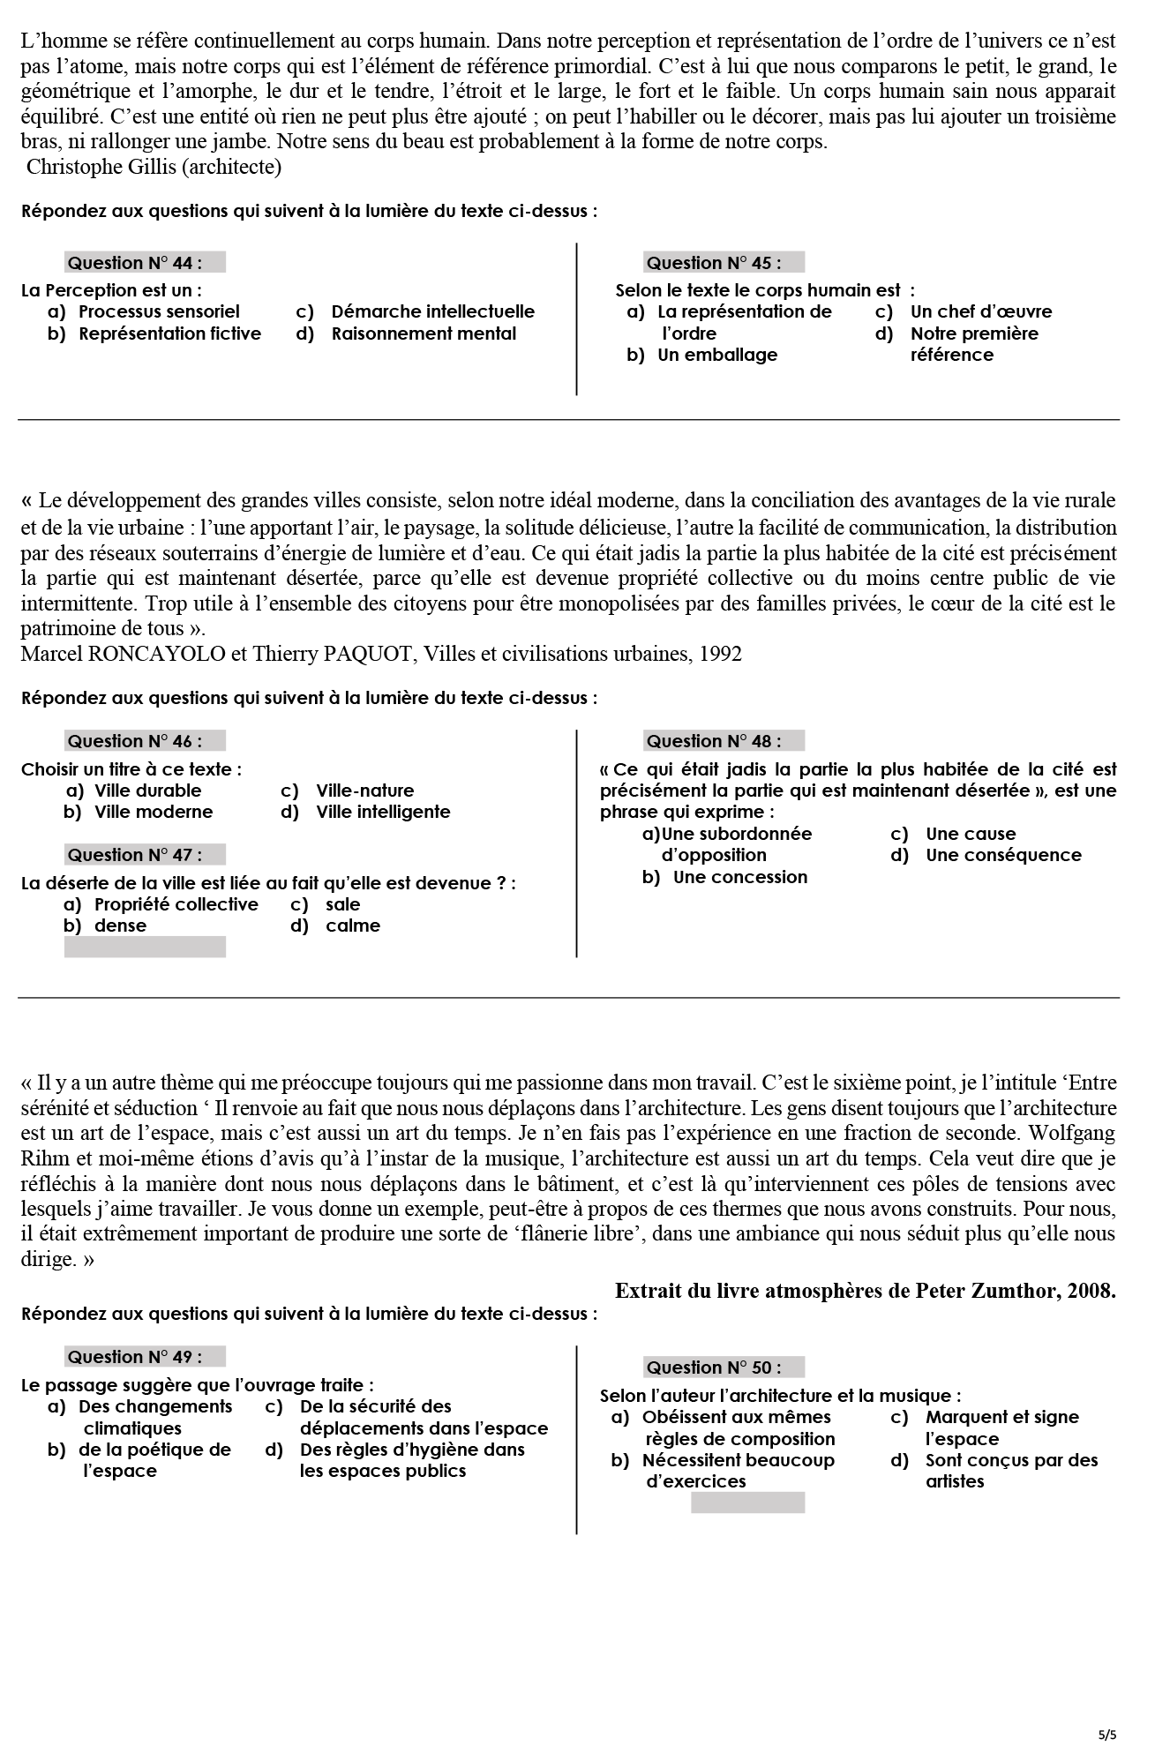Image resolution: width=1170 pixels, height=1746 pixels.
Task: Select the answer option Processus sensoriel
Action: (x=159, y=311)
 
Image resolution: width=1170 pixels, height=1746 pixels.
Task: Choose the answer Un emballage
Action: (x=717, y=355)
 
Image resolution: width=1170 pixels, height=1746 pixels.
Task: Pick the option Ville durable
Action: (x=147, y=791)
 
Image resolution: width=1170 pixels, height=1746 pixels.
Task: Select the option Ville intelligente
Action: (x=383, y=812)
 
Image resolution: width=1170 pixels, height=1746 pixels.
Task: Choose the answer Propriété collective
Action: (x=176, y=904)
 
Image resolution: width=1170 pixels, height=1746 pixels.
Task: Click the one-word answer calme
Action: (x=353, y=925)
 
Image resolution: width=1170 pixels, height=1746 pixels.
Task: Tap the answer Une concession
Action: (x=739, y=877)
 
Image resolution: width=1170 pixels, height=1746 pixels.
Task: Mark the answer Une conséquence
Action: (x=1003, y=855)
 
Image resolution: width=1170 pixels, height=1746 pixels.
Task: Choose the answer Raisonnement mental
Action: (x=424, y=333)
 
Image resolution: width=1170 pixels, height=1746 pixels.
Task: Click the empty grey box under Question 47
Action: (x=145, y=947)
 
